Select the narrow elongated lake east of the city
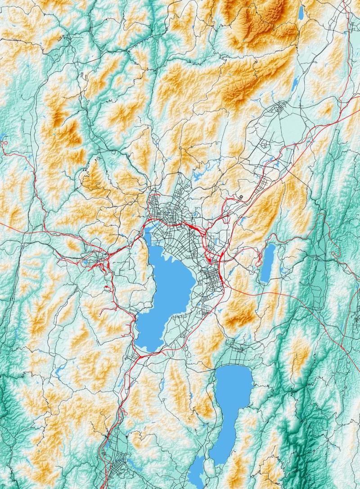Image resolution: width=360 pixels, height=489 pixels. [267, 262]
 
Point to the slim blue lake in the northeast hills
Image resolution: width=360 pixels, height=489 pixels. [296, 83]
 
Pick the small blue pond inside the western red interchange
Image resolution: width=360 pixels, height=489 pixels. [86, 262]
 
